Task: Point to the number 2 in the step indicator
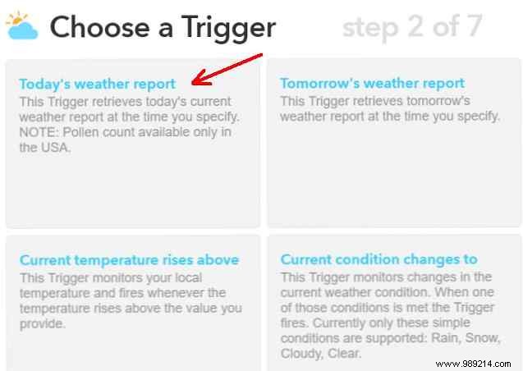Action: coord(417,27)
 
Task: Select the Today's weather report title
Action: coord(97,84)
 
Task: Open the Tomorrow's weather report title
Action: coord(372,83)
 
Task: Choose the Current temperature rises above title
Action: coord(129,260)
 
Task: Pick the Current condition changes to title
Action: coord(378,260)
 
